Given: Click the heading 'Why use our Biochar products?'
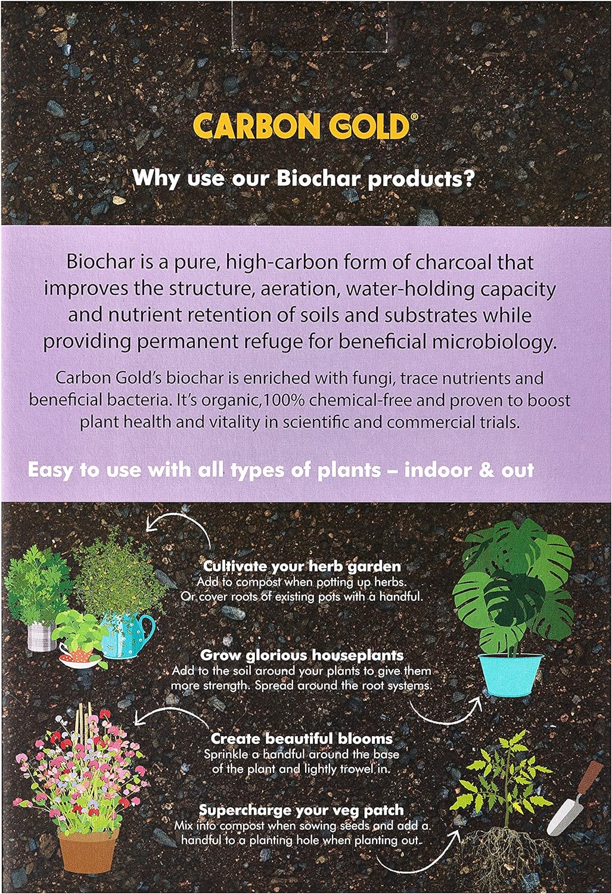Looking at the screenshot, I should point(303,178).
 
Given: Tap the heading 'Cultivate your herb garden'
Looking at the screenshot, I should point(302,566).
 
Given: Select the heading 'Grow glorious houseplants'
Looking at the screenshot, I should point(302,656).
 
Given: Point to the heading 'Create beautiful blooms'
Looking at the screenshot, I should point(302,739).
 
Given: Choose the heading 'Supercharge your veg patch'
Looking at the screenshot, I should point(302,810).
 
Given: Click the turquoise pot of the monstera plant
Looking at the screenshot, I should point(511,673).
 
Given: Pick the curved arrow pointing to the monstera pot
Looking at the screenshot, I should point(447,709).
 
